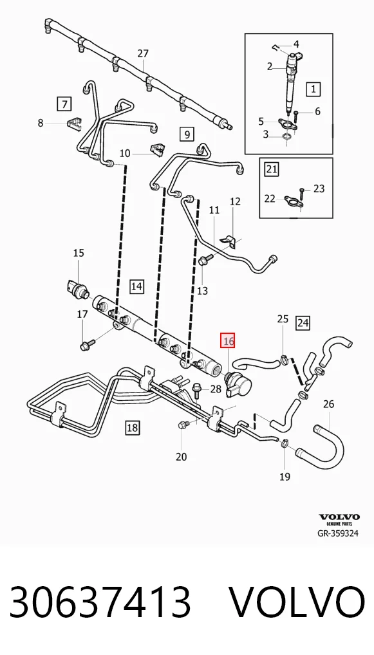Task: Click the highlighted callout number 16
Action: coord(228,340)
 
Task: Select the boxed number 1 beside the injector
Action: coord(314,89)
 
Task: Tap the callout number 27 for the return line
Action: coord(143,53)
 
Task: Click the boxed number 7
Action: coord(64,104)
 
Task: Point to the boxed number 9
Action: coord(187,134)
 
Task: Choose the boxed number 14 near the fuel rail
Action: coord(136,286)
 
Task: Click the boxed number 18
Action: coord(132,427)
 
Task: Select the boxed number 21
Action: coord(272,169)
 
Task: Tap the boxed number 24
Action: coord(303,322)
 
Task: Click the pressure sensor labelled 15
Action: coord(77,288)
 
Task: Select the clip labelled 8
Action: coord(73,124)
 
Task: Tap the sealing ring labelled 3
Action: coord(286,136)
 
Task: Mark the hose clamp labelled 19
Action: coord(284,443)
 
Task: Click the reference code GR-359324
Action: coord(338,533)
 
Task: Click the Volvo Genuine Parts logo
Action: coord(339,519)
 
